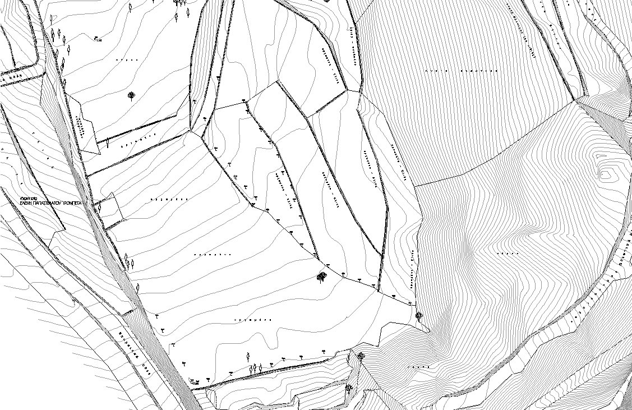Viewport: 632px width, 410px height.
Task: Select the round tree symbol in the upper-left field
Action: (131, 95)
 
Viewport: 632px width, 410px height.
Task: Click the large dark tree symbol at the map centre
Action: (322, 276)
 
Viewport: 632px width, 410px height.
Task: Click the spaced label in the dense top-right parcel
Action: (460, 72)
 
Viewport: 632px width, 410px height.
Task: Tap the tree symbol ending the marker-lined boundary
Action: (418, 315)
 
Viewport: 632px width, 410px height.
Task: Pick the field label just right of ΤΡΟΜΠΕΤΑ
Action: (168, 199)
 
